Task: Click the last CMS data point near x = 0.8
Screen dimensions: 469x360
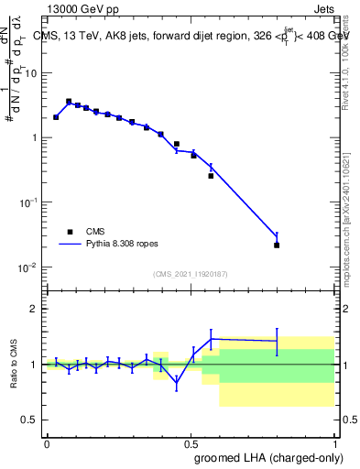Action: click(277, 245)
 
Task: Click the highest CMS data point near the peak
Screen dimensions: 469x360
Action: click(69, 102)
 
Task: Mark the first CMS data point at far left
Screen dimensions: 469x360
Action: click(56, 117)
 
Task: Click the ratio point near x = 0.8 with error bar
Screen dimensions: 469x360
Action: click(277, 341)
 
